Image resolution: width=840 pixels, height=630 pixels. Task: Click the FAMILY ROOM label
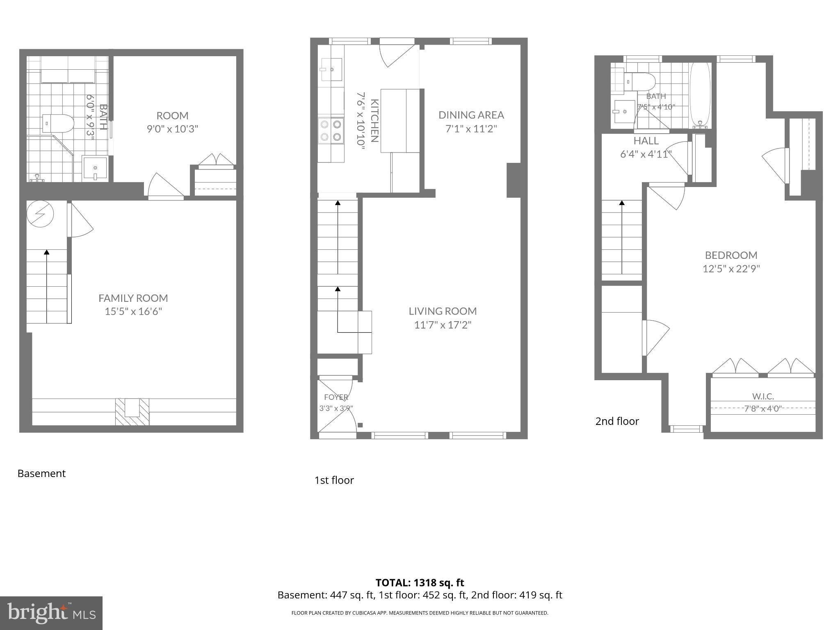click(x=133, y=298)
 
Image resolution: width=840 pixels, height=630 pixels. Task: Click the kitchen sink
click(x=332, y=69)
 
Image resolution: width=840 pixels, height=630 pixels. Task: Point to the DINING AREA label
click(x=471, y=115)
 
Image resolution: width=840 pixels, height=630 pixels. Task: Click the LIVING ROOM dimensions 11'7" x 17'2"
click(x=443, y=325)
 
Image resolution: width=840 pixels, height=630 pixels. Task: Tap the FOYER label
click(x=336, y=397)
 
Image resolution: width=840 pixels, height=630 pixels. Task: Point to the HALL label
click(x=646, y=141)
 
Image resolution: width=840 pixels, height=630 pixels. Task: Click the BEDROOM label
click(x=731, y=255)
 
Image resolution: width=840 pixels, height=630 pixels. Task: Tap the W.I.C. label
click(x=763, y=396)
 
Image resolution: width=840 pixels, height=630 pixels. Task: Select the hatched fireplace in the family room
click(x=132, y=412)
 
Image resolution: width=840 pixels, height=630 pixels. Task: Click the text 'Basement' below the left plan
click(x=41, y=473)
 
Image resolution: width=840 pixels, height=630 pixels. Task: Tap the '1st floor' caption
click(x=334, y=480)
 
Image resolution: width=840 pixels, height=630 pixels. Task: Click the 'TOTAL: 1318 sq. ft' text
click(x=420, y=582)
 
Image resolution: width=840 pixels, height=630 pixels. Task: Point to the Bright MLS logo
click(x=51, y=613)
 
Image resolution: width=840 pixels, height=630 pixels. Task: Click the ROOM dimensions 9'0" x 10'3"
click(x=172, y=129)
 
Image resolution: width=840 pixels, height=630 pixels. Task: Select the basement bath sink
click(x=95, y=168)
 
